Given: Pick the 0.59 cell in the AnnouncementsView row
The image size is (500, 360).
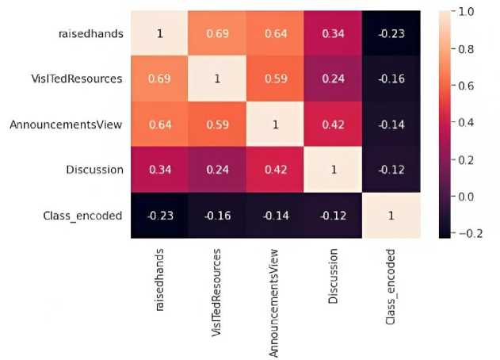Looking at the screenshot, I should [x=213, y=124].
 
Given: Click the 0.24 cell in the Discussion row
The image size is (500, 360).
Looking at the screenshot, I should [x=213, y=169].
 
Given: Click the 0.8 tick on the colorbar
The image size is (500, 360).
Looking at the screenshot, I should [x=464, y=48].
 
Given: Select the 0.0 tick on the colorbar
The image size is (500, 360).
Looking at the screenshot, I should [x=464, y=196].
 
